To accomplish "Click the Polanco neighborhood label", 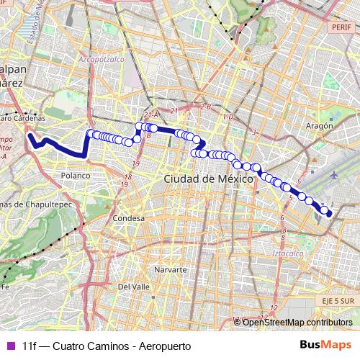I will coord(76,175).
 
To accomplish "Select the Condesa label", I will coord(129,217).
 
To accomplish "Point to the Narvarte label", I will coord(171,269).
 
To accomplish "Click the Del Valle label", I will coord(133,286).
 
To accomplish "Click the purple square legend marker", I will coord(10,346).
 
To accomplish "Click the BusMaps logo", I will coord(325,345).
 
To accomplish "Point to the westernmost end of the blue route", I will coord(30,134).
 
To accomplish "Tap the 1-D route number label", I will coord(229,117).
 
